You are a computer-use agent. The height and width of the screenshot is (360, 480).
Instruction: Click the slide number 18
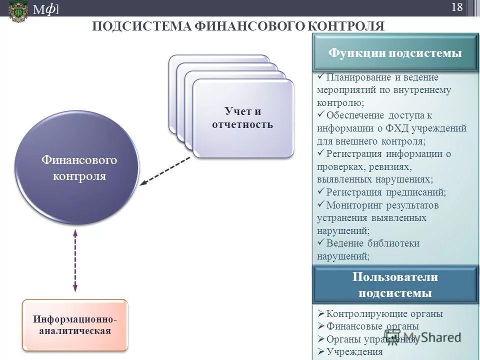coord(457,7)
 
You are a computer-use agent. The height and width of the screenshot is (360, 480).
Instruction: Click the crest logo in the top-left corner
coord(18,10)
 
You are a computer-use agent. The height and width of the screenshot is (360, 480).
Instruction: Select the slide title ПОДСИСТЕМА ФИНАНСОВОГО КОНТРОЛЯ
coord(238,26)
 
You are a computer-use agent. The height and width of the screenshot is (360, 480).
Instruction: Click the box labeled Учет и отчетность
coord(242,118)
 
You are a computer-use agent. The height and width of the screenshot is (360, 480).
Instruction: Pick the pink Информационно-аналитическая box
coord(75,324)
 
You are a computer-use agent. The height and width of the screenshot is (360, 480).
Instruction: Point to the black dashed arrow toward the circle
coord(165,171)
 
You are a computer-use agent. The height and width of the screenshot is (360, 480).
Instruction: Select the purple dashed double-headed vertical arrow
coord(75,260)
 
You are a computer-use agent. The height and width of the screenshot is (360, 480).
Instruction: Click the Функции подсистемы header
coord(395,53)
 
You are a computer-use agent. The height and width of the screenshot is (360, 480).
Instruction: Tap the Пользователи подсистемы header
coord(395,285)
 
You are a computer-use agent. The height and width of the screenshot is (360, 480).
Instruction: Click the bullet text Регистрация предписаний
coord(385,192)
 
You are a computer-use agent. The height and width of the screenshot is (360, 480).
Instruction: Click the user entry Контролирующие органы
coord(384,314)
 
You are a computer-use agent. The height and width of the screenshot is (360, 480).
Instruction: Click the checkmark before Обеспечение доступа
coord(320,115)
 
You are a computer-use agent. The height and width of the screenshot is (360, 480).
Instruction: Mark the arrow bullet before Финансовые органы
coord(321,326)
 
